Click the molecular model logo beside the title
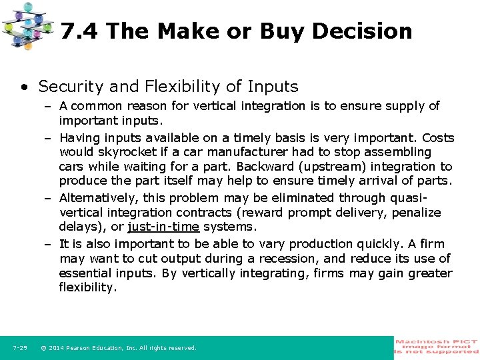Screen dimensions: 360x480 tap(27, 25)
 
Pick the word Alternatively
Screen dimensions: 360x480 tap(99, 198)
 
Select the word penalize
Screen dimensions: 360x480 tap(416, 213)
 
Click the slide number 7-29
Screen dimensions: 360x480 tap(20, 347)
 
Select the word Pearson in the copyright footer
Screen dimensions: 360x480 tap(85, 348)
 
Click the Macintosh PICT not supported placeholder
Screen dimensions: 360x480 tap(437, 347)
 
